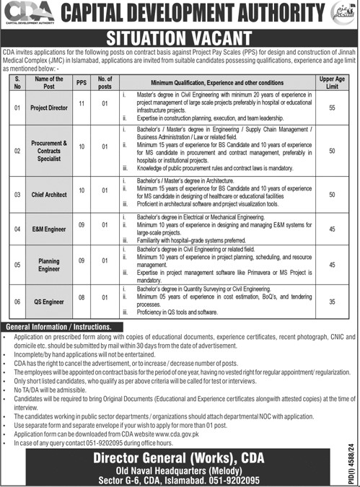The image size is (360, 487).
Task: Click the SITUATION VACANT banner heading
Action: click(x=179, y=38)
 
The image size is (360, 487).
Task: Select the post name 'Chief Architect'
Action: click(x=48, y=194)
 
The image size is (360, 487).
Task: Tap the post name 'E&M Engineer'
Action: click(x=48, y=227)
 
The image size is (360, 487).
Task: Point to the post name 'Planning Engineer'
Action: click(x=48, y=265)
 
